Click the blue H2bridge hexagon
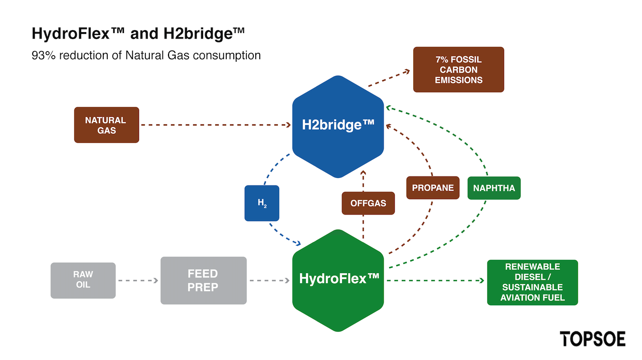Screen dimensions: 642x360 click(338, 126)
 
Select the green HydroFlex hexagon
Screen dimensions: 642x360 click(338, 280)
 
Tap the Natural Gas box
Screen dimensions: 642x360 click(107, 125)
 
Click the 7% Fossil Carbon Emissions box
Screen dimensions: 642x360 click(458, 70)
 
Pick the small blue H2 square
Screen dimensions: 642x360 click(262, 203)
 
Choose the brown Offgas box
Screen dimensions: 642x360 click(368, 203)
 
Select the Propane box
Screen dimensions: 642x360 click(433, 188)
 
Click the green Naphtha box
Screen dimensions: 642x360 click(494, 188)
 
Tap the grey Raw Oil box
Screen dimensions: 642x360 click(83, 281)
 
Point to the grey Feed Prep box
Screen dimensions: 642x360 click(204, 281)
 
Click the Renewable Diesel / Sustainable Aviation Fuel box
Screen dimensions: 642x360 click(533, 283)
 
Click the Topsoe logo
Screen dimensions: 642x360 click(593, 339)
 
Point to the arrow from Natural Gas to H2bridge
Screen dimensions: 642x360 click(216, 125)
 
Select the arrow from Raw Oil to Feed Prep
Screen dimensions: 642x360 click(138, 281)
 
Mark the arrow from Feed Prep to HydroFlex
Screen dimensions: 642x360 click(269, 281)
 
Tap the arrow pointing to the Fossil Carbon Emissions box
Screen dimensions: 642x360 click(389, 78)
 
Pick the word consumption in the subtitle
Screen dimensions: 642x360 click(227, 56)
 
